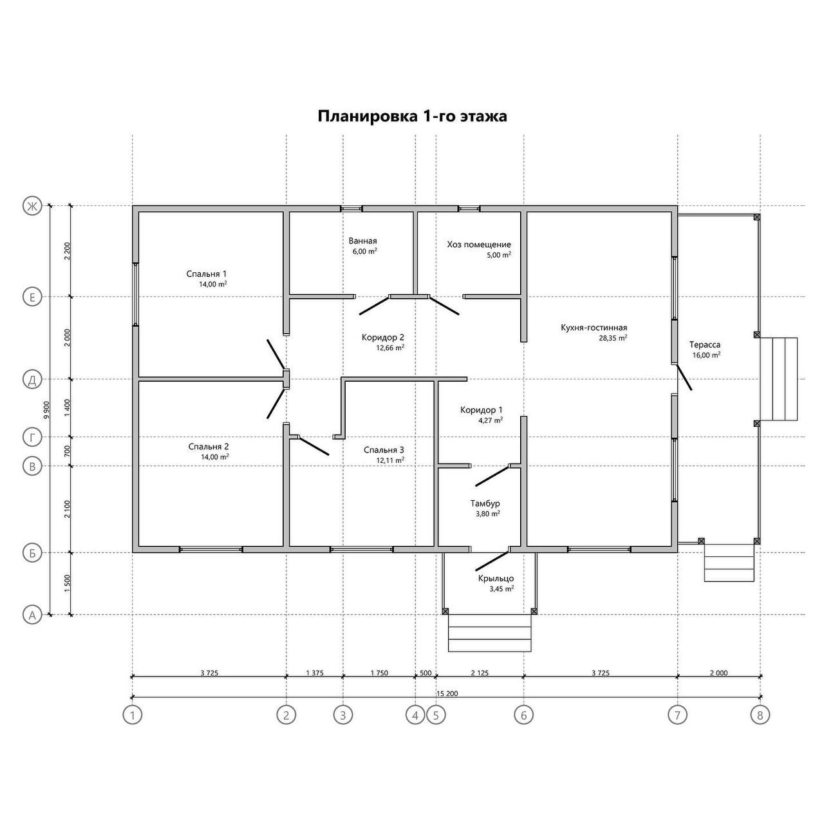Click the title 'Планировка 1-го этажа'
[x=412, y=117]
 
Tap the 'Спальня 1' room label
[x=207, y=274]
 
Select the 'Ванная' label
[x=362, y=241]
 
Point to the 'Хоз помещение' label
[x=479, y=245]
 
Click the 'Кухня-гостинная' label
[x=594, y=328]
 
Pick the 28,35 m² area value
[x=613, y=338]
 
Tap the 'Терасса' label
[x=705, y=344]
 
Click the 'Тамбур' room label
[x=485, y=503]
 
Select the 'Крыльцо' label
[x=496, y=579]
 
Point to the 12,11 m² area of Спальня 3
[x=390, y=460]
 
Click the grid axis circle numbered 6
[x=524, y=715]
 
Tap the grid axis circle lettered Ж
[x=32, y=207]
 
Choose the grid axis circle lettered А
[x=32, y=615]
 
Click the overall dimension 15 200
[x=447, y=693]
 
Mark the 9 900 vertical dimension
[x=46, y=411]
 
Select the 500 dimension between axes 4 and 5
[x=426, y=673]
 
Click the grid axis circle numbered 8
[x=760, y=715]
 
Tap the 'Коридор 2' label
[x=382, y=337]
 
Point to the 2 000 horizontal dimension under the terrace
[x=719, y=673]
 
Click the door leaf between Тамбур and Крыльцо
[x=492, y=561]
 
